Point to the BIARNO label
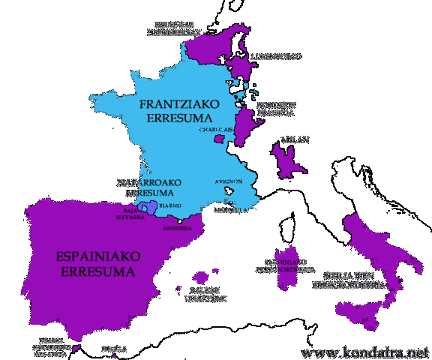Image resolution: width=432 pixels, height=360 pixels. [x=169, y=205]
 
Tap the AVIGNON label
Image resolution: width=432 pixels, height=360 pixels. [x=229, y=181]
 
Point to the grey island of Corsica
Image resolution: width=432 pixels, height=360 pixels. [x=286, y=225]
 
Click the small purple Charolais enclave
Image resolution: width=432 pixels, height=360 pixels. [x=219, y=138]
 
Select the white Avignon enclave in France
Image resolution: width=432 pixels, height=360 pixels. [x=229, y=192]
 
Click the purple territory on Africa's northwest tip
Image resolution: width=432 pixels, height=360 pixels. [x=76, y=349]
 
